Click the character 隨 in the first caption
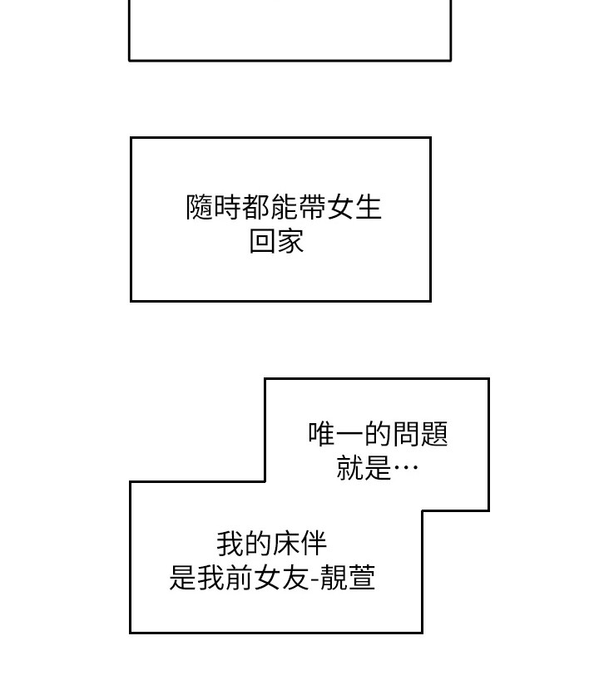(x=200, y=207)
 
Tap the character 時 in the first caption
(x=228, y=207)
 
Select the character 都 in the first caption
(x=256, y=207)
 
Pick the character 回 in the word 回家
(x=263, y=242)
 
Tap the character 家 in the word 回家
(x=291, y=242)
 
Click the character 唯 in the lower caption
(x=322, y=433)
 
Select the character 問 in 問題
(x=407, y=433)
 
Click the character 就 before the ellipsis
(x=350, y=468)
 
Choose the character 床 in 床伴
(x=286, y=544)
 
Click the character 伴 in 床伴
(x=314, y=544)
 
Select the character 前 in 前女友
(x=240, y=577)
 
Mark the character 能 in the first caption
(x=285, y=207)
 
